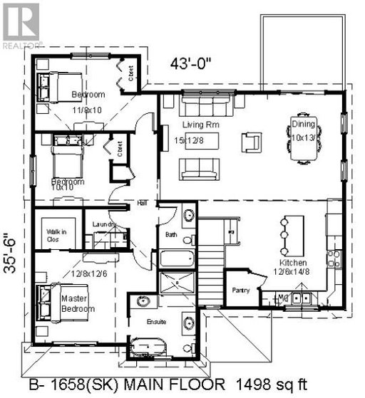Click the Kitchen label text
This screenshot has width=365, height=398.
[x=293, y=261]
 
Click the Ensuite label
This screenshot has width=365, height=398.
[x=157, y=321]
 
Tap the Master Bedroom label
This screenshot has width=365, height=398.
[x=78, y=303]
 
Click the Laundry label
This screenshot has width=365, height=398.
[x=105, y=225]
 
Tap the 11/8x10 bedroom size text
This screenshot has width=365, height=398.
[x=87, y=109]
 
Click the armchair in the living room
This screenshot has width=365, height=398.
[x=250, y=142]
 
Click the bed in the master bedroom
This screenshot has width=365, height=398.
[x=50, y=298]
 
